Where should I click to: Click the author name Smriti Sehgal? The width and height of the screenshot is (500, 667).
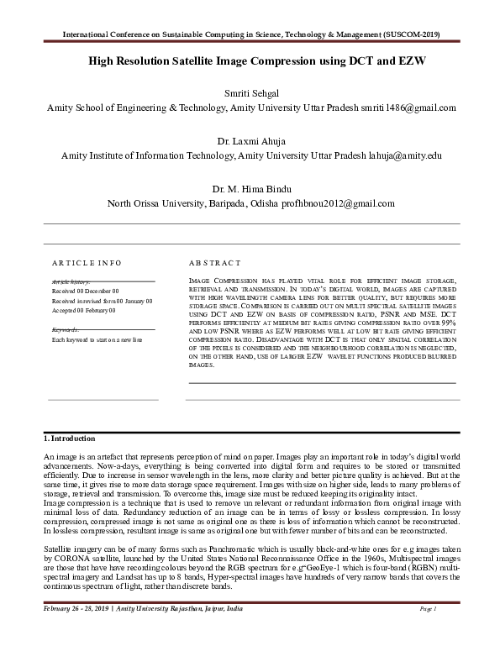[x=251, y=92]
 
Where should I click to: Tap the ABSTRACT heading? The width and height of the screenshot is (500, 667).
[x=214, y=263]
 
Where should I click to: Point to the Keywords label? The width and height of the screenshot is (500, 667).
[x=66, y=330]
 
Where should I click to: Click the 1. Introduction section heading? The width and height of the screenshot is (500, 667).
[x=70, y=439]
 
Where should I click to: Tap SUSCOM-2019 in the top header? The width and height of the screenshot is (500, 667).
[x=410, y=34]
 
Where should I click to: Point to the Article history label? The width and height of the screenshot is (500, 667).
[x=71, y=281]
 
